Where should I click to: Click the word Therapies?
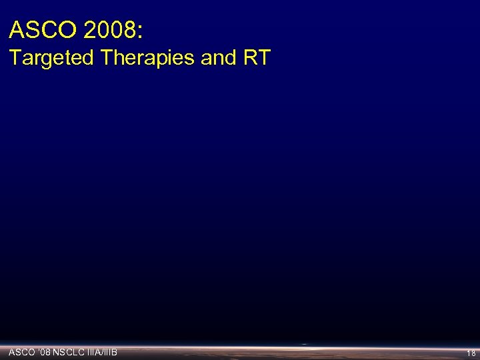[147, 59]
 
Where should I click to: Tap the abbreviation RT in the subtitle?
[257, 58]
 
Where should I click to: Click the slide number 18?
[471, 353]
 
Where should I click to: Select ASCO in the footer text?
[20, 351]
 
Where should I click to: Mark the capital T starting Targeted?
[15, 58]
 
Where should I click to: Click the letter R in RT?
[251, 58]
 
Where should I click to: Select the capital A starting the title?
[16, 30]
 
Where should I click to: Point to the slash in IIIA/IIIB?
[103, 351]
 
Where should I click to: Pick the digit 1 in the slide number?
[469, 353]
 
